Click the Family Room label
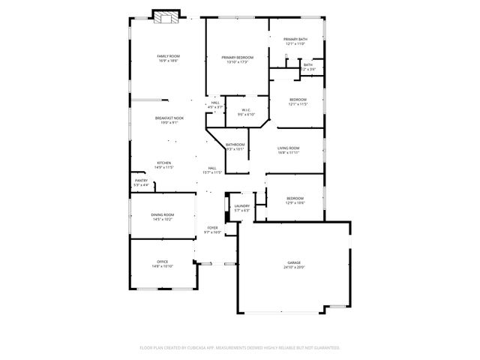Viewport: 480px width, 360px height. tap(168, 56)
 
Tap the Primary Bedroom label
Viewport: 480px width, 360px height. tap(237, 57)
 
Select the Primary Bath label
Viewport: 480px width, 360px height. tap(295, 39)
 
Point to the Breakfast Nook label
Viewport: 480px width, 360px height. tap(169, 118)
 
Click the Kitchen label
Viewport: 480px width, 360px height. tap(163, 163)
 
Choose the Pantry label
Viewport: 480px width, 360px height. tap(141, 180)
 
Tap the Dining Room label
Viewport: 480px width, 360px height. tap(163, 215)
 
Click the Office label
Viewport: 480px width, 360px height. tap(162, 262)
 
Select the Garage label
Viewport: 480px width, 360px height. tap(294, 262)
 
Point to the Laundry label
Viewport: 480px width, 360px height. tap(241, 205)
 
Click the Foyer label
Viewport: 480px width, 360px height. tap(213, 227)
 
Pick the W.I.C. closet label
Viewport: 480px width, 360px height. tap(246, 110)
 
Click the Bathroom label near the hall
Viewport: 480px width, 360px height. tap(236, 145)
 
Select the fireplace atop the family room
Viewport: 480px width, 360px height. tap(166, 16)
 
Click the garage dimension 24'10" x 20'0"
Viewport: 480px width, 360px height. tap(294, 267)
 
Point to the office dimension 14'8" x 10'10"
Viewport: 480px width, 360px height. tap(162, 266)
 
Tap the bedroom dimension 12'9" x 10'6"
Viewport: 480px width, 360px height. tap(295, 202)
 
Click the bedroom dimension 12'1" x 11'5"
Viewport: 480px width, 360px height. tap(298, 103)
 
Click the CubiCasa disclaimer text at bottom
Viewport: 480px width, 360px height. tap(240, 347)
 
